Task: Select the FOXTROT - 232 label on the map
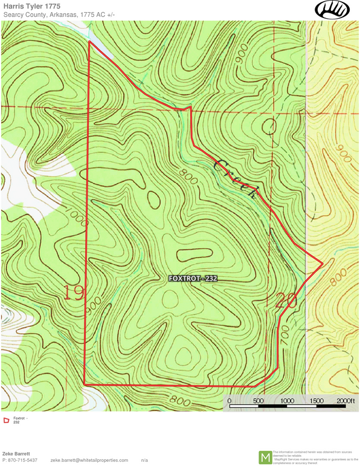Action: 192,279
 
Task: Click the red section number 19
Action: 74,294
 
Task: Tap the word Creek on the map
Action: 237,180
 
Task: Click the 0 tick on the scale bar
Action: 229,400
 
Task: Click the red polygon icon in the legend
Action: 6,420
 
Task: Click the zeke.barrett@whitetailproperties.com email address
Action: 89,461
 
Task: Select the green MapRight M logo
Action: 265,458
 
